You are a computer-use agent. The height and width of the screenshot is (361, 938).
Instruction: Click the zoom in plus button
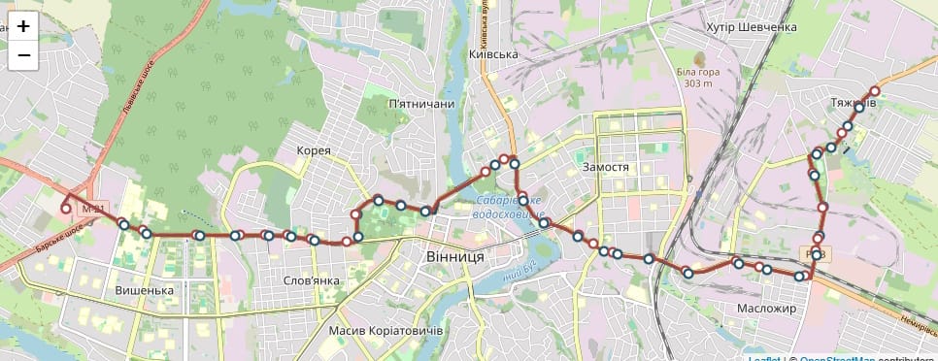tap(24, 26)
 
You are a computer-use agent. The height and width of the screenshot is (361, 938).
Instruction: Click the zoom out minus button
tap(24, 56)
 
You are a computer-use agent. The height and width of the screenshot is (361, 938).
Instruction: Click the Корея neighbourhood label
tap(315, 150)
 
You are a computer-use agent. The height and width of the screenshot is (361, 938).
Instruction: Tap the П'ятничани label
tap(420, 104)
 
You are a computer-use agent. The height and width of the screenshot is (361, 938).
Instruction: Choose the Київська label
tap(493, 55)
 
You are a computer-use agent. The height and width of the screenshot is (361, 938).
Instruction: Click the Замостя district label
tap(606, 167)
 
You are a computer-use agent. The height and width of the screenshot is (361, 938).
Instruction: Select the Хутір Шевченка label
tap(752, 27)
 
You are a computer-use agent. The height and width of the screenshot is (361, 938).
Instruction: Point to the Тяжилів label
tap(854, 102)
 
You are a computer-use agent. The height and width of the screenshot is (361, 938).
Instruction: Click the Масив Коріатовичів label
tap(385, 332)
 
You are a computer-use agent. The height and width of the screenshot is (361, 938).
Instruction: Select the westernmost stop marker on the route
tap(66, 208)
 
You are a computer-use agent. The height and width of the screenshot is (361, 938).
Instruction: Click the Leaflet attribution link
tap(764, 358)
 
